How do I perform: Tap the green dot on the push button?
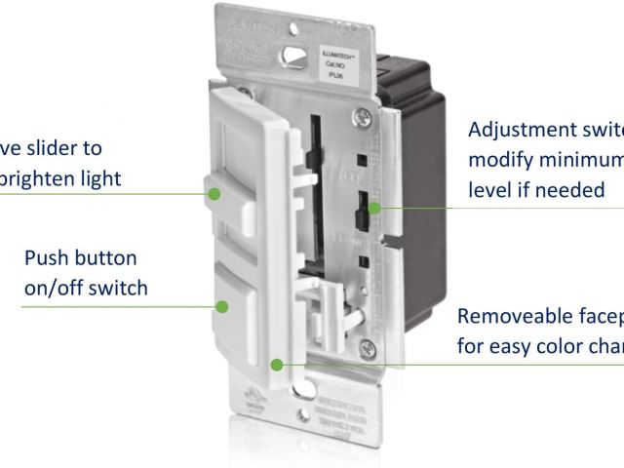point(222,305)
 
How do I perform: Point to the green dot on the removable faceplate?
point(278,365)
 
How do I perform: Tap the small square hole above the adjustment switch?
point(361,158)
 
